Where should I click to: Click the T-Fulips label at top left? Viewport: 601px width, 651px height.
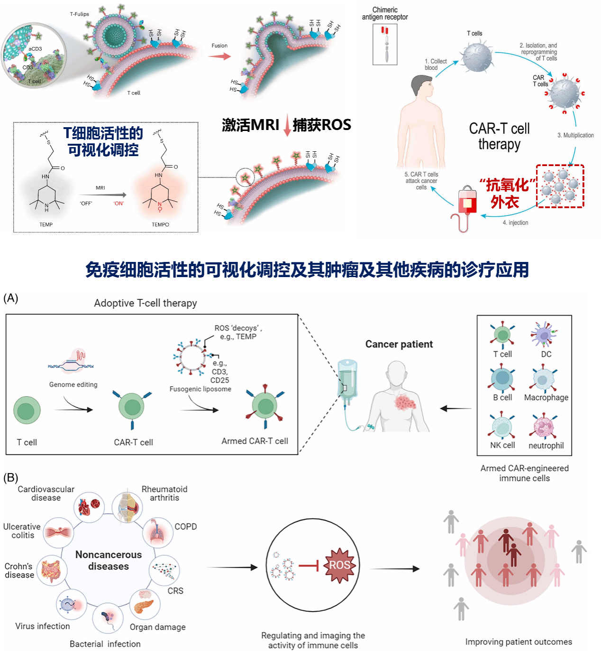pyautogui.click(x=80, y=14)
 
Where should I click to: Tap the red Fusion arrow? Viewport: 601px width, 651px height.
pyautogui.click(x=219, y=56)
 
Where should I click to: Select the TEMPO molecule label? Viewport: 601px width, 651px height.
pyautogui.click(x=160, y=224)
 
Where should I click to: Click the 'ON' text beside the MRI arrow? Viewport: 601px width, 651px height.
pyautogui.click(x=118, y=204)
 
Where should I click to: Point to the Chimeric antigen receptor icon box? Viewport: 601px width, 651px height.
pyautogui.click(x=385, y=44)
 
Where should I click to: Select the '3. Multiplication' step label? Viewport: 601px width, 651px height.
pyautogui.click(x=575, y=135)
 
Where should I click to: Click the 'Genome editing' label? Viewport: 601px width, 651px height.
pyautogui.click(x=73, y=384)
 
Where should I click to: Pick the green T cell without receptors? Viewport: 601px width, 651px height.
pyautogui.click(x=27, y=410)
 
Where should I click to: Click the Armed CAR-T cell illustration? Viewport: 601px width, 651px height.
pyautogui.click(x=265, y=407)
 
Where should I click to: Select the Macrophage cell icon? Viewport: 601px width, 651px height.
pyautogui.click(x=544, y=380)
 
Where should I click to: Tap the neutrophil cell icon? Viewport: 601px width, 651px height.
pyautogui.click(x=546, y=426)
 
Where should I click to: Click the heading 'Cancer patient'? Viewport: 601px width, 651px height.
pyautogui.click(x=399, y=344)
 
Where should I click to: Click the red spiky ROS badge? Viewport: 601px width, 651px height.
pyautogui.click(x=340, y=565)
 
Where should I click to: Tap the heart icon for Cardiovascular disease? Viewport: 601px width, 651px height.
pyautogui.click(x=89, y=506)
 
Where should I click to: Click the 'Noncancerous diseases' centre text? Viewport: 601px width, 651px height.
pyautogui.click(x=109, y=560)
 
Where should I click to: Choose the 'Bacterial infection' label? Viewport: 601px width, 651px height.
pyautogui.click(x=105, y=644)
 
